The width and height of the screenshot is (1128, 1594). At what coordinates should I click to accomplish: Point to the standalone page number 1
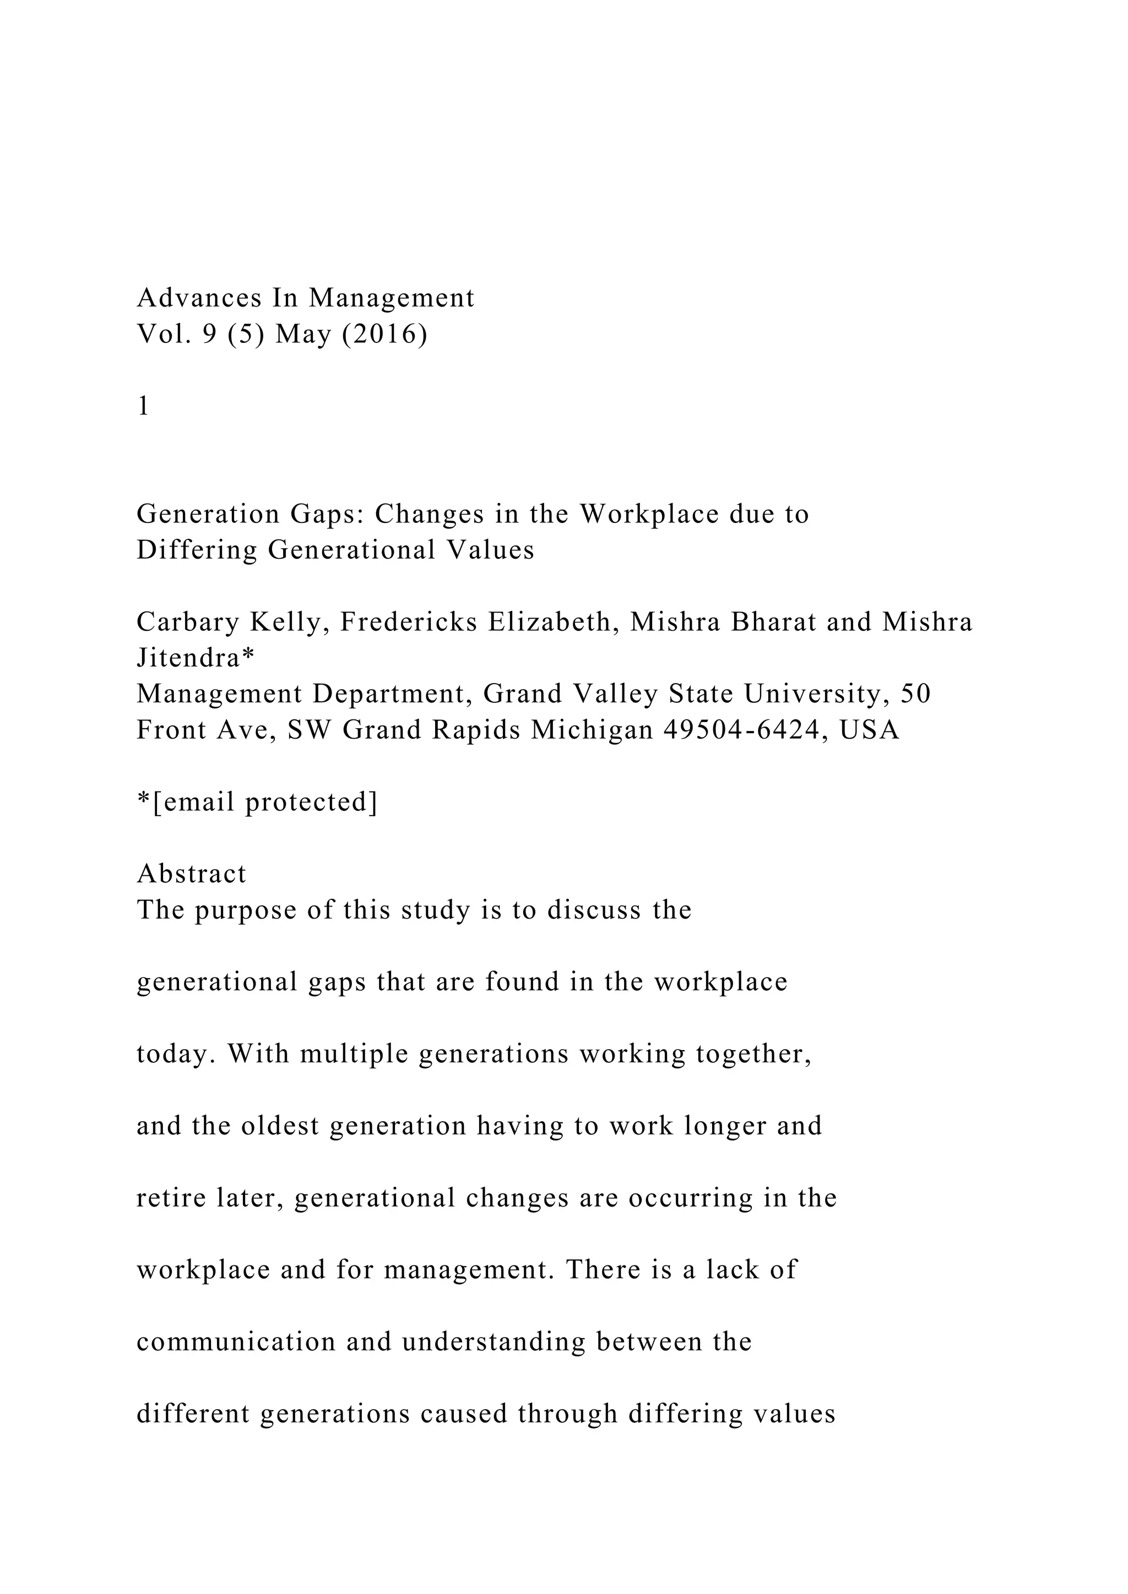pyautogui.click(x=144, y=406)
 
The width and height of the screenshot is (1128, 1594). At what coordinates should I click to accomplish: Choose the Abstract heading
pyautogui.click(x=192, y=874)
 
